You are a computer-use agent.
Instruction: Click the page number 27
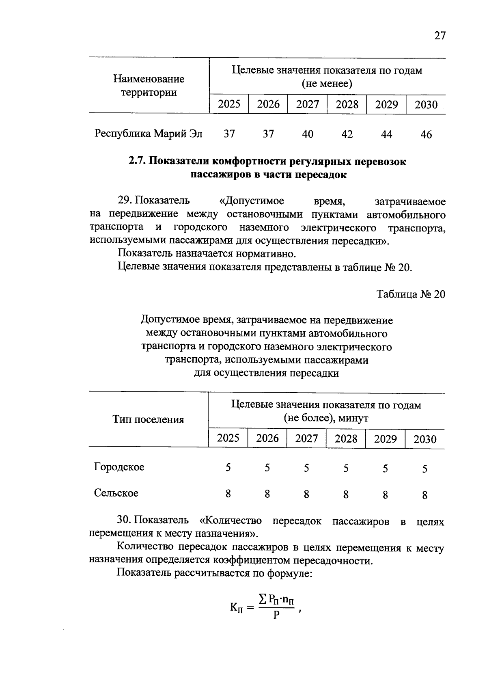coord(440,36)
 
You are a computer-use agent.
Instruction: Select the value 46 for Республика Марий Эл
coord(426,134)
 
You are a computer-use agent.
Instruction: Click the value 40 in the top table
coord(308,134)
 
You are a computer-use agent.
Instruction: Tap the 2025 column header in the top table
coord(229,104)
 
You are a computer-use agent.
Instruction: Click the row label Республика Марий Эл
coord(148,134)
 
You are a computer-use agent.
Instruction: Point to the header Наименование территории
coord(149,86)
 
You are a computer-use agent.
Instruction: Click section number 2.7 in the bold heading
coord(137,162)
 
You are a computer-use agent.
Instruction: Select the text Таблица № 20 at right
coord(411,294)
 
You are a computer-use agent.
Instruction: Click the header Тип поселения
coord(148,420)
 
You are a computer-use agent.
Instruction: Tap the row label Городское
coord(119,467)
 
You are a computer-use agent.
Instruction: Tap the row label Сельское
coord(116,493)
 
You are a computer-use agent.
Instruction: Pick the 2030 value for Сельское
coord(425,495)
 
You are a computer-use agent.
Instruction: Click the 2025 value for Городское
coord(228,468)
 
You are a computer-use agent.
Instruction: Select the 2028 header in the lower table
coord(346,439)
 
